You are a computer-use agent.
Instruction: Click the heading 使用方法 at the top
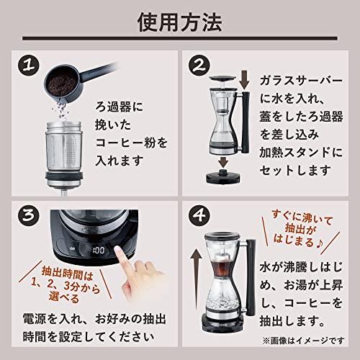pos(179,22)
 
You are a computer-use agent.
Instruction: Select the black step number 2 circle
pos(199,66)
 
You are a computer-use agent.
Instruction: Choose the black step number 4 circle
pos(199,215)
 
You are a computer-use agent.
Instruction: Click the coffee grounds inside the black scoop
pos(62,84)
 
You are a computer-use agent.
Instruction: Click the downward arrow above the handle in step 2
pos(244,79)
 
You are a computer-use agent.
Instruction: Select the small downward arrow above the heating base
pos(223,163)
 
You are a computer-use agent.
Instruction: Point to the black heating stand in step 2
pos(223,177)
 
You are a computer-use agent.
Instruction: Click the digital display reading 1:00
pos(99,251)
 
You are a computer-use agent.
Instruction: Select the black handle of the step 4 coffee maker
pos(251,275)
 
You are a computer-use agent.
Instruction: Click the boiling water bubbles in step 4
pos(222,303)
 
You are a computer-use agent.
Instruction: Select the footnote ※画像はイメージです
pos(303,341)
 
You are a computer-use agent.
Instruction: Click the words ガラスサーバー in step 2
pos(301,80)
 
